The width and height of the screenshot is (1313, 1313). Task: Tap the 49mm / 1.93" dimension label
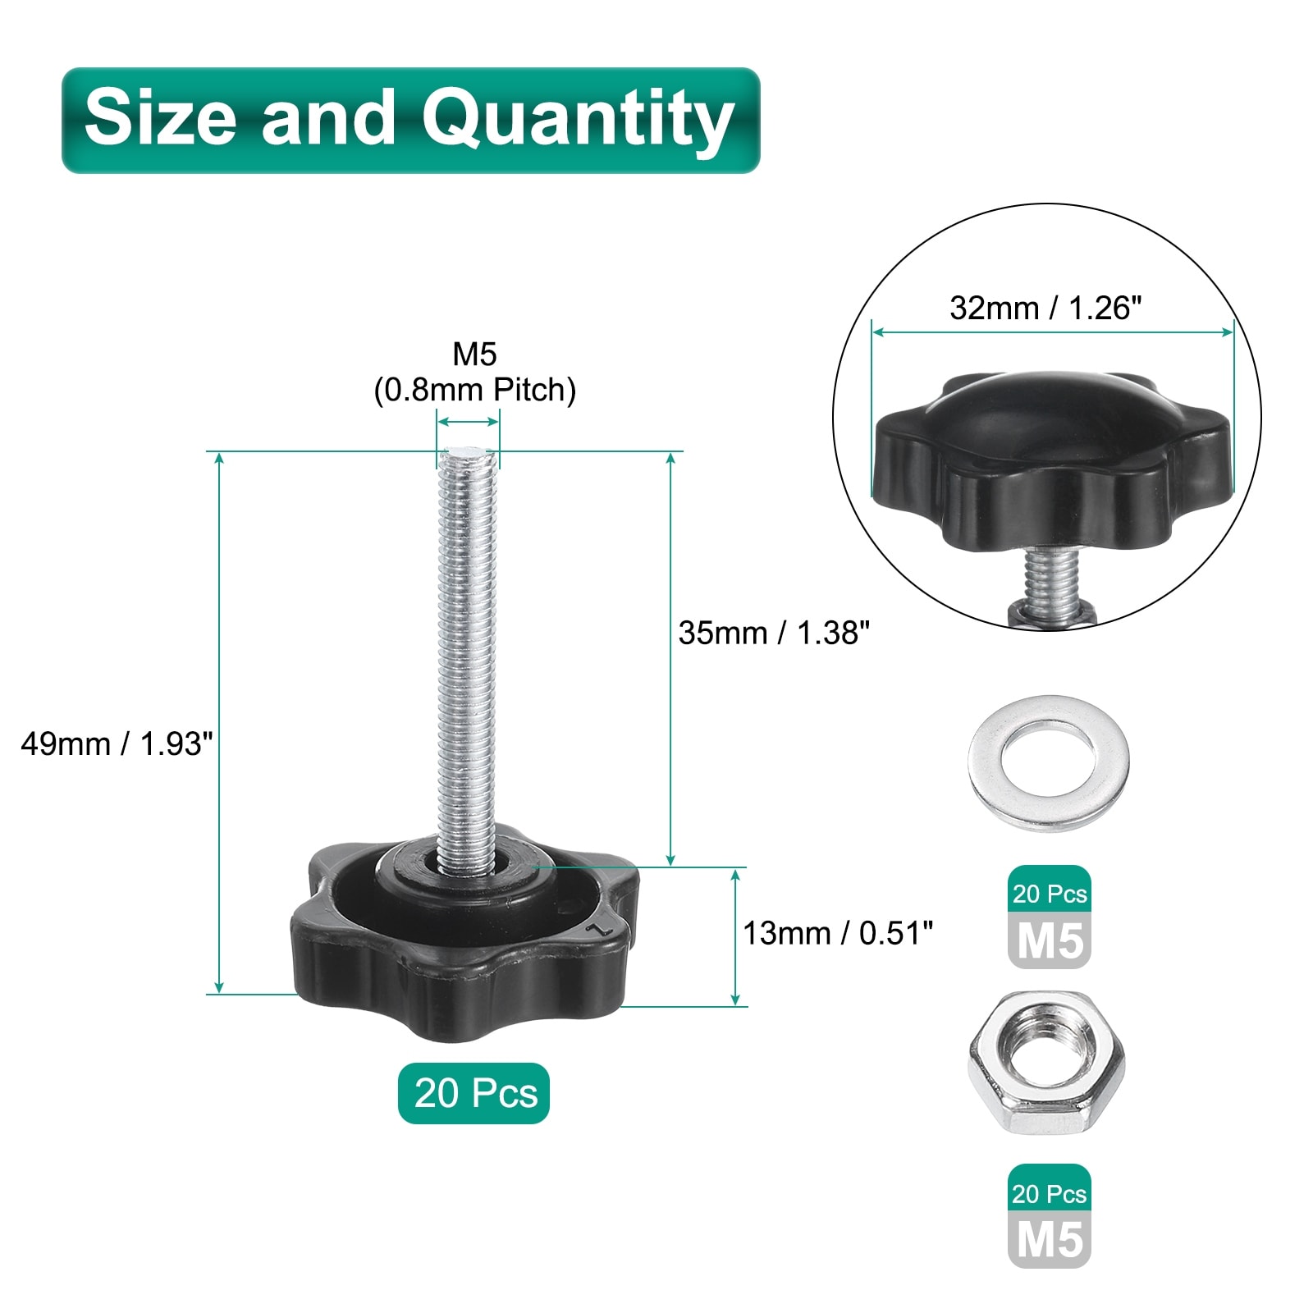click(117, 744)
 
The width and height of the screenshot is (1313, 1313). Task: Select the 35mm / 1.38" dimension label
click(774, 633)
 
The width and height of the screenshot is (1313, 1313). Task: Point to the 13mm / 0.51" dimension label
click(838, 933)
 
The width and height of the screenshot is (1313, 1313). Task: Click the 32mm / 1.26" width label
click(1045, 309)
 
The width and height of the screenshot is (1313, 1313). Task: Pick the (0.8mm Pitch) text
click(475, 390)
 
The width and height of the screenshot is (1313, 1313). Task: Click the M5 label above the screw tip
click(475, 355)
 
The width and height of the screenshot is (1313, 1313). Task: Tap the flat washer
click(1049, 763)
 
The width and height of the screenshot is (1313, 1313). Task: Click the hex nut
click(1046, 1063)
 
